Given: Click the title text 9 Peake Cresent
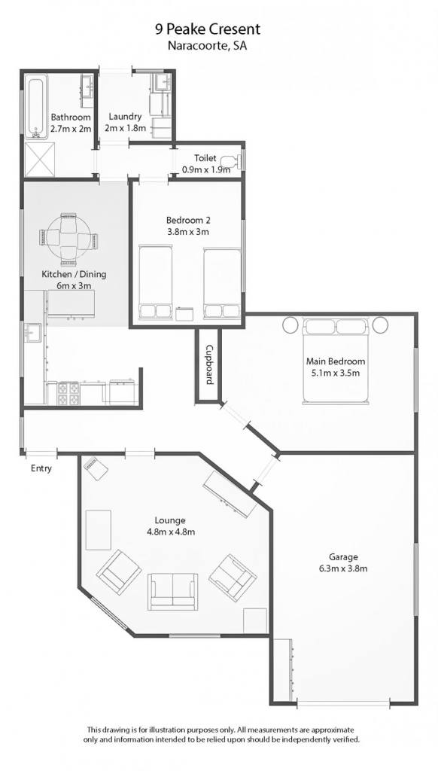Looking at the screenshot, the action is [x=208, y=30].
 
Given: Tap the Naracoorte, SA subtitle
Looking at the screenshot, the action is [x=208, y=47].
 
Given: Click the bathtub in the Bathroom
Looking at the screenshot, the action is [x=36, y=106].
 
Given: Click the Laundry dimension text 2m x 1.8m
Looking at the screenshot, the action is [x=126, y=128].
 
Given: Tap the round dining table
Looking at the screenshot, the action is [x=68, y=239].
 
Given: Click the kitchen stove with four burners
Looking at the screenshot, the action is [x=68, y=392].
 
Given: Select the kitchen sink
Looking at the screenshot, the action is [x=33, y=333].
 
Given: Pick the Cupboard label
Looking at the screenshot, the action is [x=209, y=364].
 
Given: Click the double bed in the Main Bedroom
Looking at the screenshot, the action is [x=335, y=361].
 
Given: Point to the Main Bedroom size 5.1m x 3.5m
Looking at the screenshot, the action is [x=336, y=373].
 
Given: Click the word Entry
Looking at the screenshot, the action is [x=41, y=468].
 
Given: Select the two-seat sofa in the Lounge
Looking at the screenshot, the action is [x=174, y=591].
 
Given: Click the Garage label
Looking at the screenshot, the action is [x=343, y=558].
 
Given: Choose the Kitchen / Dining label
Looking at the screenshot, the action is [x=74, y=274].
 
